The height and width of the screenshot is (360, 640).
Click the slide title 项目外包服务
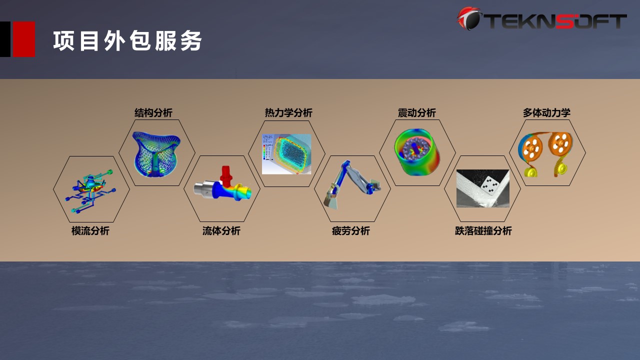pyautogui.click(x=127, y=41)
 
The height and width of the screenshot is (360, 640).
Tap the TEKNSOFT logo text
pyautogui.click(x=555, y=21)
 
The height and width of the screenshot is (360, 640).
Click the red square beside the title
pyautogui.click(x=24, y=39)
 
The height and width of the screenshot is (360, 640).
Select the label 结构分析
pyautogui.click(x=153, y=112)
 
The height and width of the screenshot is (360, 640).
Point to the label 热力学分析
pyautogui.click(x=288, y=112)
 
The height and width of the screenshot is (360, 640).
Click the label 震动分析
pyautogui.click(x=417, y=112)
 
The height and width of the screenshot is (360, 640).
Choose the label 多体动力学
pyautogui.click(x=546, y=112)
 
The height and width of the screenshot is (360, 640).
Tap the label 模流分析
pyautogui.click(x=90, y=230)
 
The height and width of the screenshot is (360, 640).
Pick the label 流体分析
pyautogui.click(x=221, y=230)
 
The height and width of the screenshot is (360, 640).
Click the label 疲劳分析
pyautogui.click(x=351, y=230)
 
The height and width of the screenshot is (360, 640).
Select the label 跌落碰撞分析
pyautogui.click(x=483, y=230)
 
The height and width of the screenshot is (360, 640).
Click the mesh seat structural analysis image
pyautogui.click(x=156, y=154)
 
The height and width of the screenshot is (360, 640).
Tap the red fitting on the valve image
pyautogui.click(x=226, y=175)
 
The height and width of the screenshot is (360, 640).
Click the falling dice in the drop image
pyautogui.click(x=490, y=185)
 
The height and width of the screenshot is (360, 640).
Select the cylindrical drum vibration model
pyautogui.click(x=417, y=152)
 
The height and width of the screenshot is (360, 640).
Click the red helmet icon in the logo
pyautogui.click(x=468, y=18)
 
